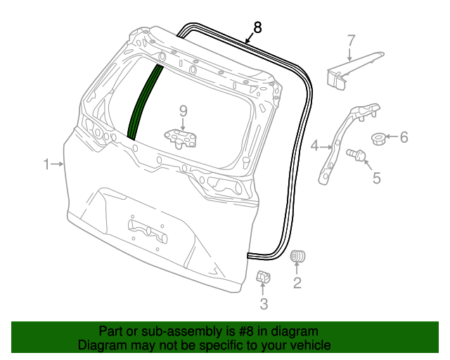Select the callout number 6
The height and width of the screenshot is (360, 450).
[x=404, y=137]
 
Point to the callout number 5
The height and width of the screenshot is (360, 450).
[x=376, y=178]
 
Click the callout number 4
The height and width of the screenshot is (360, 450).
[x=314, y=146]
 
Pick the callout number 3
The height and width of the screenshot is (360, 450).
[x=264, y=304]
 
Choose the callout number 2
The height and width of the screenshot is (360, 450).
[x=297, y=283]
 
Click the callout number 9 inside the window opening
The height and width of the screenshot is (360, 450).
[x=184, y=110]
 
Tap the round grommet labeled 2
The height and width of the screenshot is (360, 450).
[x=299, y=256]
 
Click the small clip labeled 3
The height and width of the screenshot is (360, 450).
[x=264, y=278]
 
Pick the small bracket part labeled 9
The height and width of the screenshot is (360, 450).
[x=181, y=137]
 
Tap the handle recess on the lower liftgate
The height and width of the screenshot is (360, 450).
[x=147, y=229]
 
